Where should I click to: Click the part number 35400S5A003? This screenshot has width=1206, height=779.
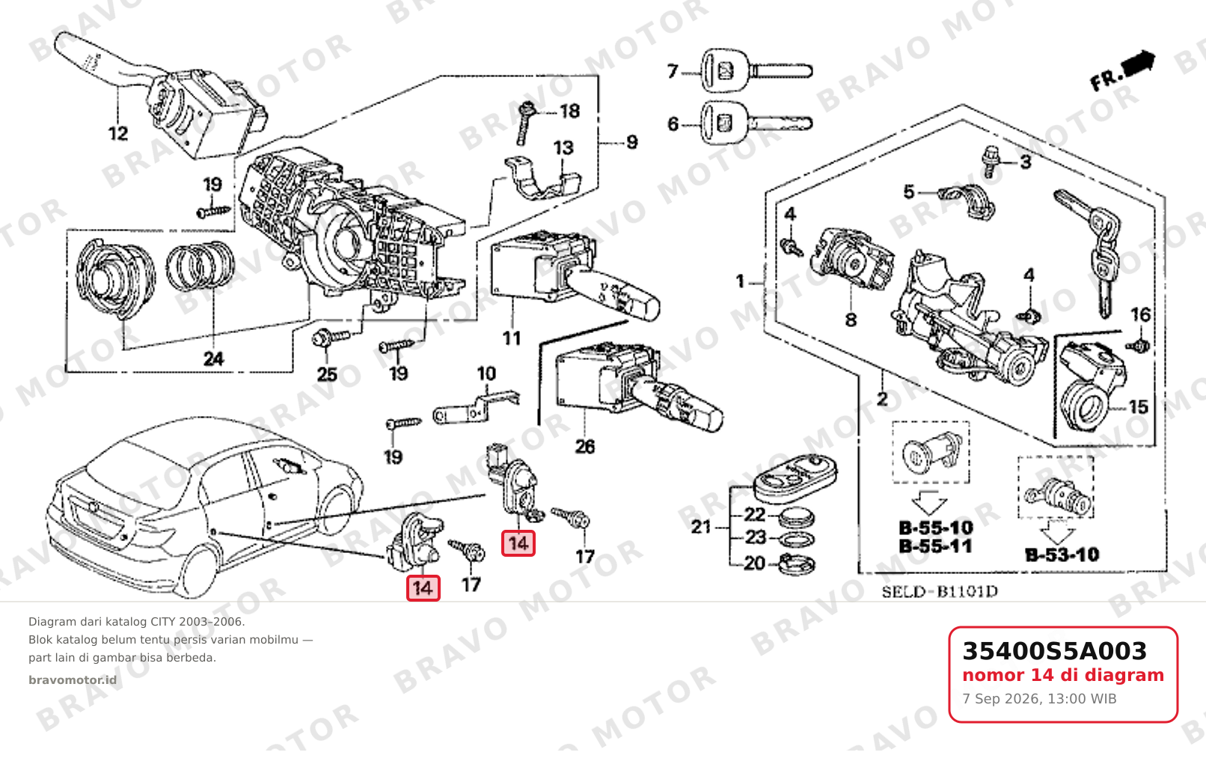(x=1054, y=651)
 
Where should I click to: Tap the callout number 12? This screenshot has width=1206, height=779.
(x=118, y=133)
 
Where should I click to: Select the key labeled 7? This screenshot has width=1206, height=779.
(x=756, y=70)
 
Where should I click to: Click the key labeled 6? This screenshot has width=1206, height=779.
(x=756, y=123)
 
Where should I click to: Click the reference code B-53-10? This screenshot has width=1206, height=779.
(x=1062, y=555)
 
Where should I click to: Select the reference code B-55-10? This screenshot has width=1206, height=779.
(x=936, y=528)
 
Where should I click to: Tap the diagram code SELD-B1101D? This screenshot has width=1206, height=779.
(x=940, y=592)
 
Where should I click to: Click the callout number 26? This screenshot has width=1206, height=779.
(x=585, y=446)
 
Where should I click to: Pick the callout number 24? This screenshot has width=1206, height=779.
(x=214, y=358)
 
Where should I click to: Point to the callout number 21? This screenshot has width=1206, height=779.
(x=701, y=527)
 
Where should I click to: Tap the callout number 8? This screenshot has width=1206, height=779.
(x=851, y=320)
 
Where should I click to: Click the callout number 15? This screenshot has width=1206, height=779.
(x=1138, y=407)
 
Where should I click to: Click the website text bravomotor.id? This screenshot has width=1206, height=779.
(x=73, y=680)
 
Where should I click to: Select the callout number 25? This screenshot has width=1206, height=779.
(x=327, y=374)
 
